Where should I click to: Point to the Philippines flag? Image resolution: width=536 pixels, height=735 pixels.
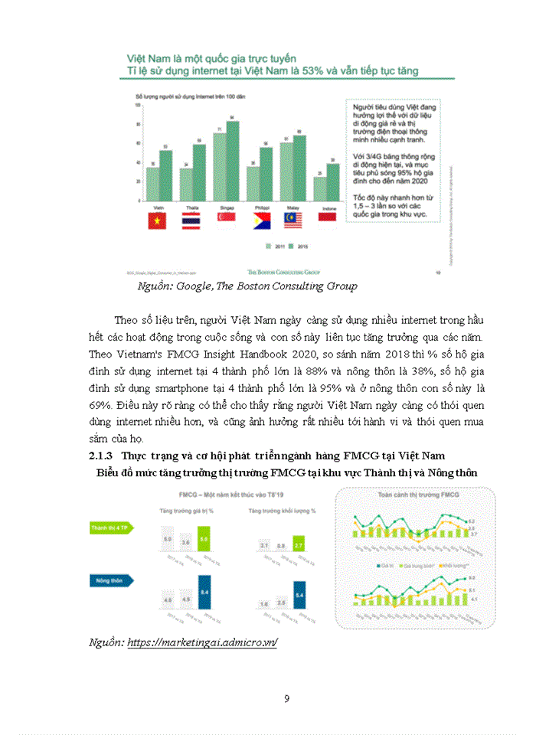(x=262, y=221)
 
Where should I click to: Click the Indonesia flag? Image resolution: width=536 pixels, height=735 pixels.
(x=326, y=221)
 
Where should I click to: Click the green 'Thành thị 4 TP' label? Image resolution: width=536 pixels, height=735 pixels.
(x=112, y=528)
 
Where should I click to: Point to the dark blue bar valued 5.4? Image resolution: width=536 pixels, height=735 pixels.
(x=298, y=593)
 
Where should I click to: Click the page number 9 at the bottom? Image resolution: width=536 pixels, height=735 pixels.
(x=286, y=698)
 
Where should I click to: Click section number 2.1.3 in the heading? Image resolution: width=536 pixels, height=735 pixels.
(x=101, y=456)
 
